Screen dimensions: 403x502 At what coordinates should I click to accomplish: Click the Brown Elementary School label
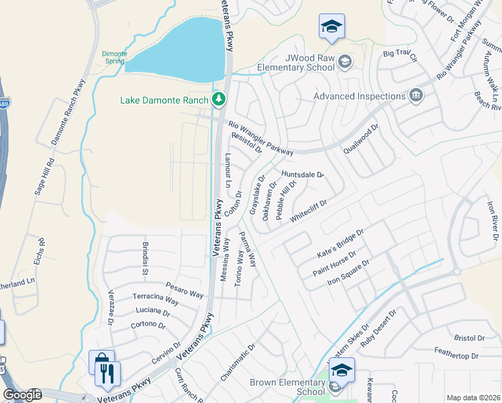click(x=287, y=387)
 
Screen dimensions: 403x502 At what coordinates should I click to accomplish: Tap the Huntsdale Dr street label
click(x=303, y=174)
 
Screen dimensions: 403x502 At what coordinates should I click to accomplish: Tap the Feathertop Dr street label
click(x=456, y=355)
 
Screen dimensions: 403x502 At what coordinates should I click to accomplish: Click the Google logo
click(x=22, y=394)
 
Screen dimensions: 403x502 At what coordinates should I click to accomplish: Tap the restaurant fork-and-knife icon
click(x=108, y=373)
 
